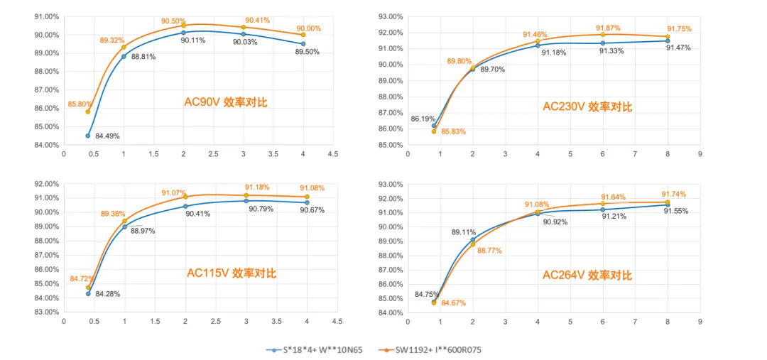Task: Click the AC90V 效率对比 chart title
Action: (226, 102)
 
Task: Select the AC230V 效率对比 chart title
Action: (587, 107)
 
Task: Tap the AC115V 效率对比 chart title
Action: (232, 273)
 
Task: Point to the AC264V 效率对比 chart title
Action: (587, 276)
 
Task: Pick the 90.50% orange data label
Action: (173, 21)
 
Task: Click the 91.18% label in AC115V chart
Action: (257, 187)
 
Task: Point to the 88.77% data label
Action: (490, 251)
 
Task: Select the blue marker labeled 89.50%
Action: (303, 44)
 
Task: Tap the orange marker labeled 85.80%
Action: (88, 111)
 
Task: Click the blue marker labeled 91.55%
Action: (668, 205)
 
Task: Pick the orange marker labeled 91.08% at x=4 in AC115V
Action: (307, 197)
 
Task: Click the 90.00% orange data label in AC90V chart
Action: (308, 28)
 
